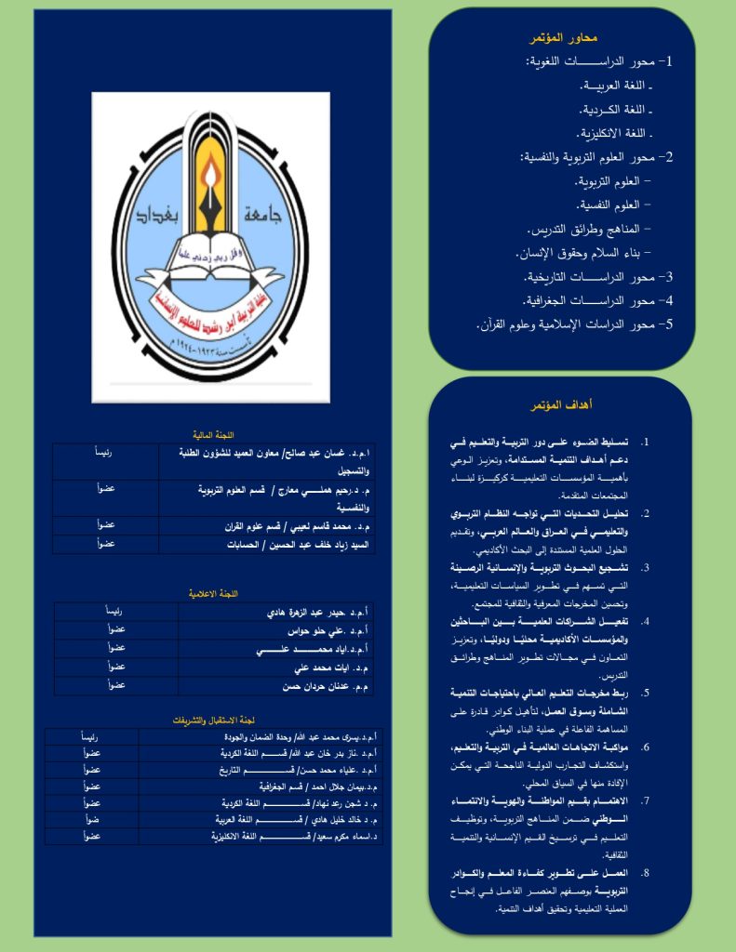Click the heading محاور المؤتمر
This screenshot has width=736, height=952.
563,38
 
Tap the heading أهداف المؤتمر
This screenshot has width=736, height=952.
562,405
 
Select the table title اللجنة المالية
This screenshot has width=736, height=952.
212,434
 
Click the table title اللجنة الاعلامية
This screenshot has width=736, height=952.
212,592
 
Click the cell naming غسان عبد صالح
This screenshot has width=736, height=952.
266,461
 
